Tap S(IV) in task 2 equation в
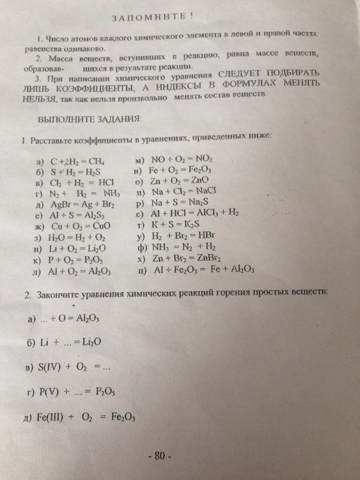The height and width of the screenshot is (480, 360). point(50,367)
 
